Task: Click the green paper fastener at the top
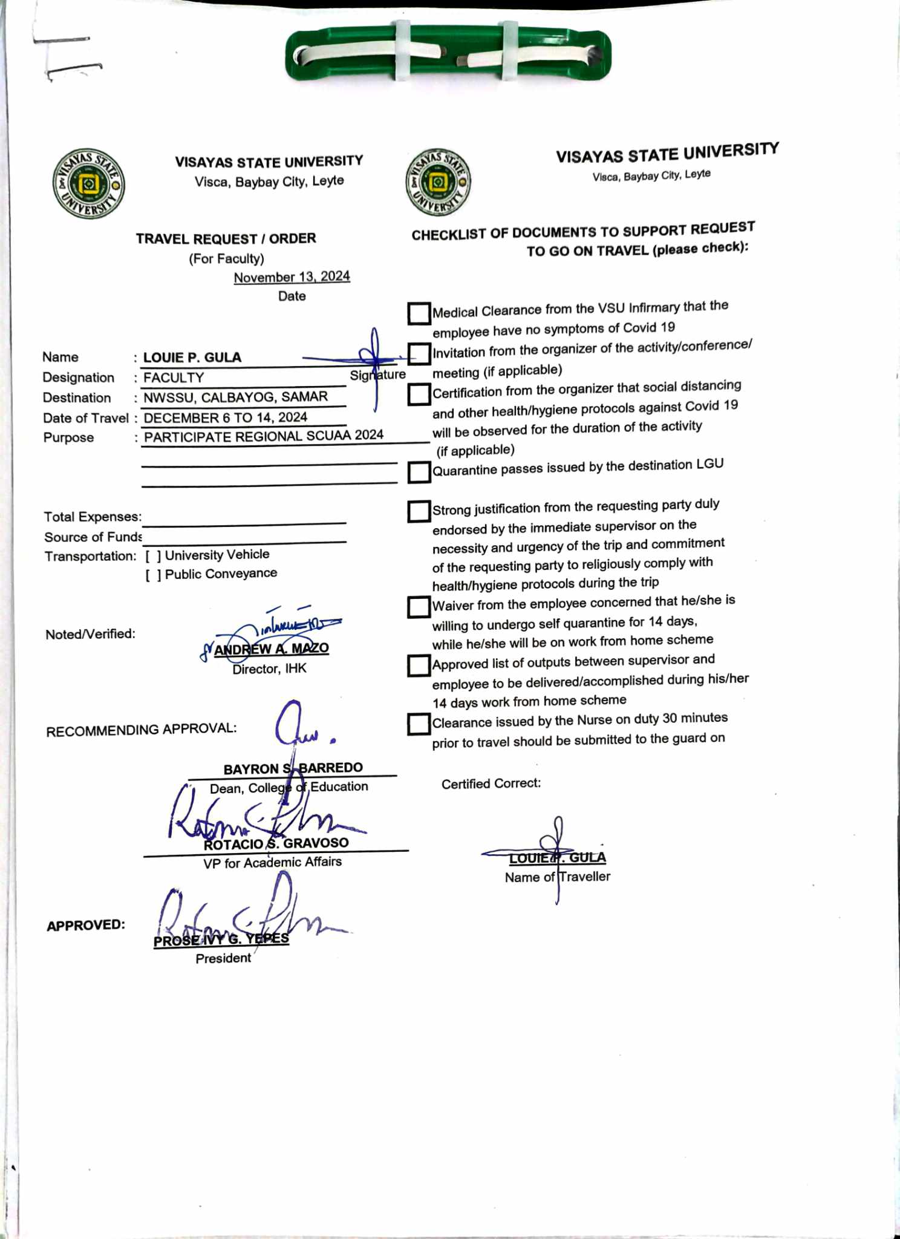(x=448, y=54)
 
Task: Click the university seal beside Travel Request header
(x=88, y=184)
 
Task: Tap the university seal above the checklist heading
(x=438, y=181)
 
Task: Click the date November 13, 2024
(x=292, y=277)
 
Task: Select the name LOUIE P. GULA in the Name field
(x=192, y=358)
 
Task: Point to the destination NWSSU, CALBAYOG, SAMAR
(x=235, y=397)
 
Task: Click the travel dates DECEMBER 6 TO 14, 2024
(x=226, y=417)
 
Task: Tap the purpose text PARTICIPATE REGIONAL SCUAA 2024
(x=264, y=436)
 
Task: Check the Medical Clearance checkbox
(x=419, y=313)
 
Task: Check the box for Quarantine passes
(x=419, y=472)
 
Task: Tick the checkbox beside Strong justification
(x=419, y=511)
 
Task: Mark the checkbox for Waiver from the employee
(x=419, y=607)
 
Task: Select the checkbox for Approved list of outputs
(x=419, y=665)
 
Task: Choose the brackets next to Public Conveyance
(x=153, y=575)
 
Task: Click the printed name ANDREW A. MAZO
(x=272, y=649)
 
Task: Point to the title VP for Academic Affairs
(x=272, y=863)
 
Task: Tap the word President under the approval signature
(x=223, y=958)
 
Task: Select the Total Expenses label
(x=93, y=517)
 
